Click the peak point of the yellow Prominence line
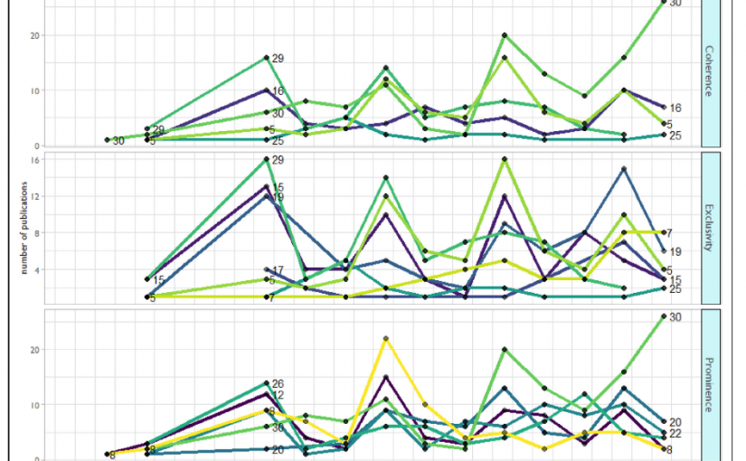click(x=386, y=338)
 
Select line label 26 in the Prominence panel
click(x=279, y=384)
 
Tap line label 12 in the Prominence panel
click(x=279, y=395)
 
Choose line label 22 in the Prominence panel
click(x=675, y=434)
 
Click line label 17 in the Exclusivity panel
click(x=279, y=270)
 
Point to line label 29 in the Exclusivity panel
click(x=279, y=160)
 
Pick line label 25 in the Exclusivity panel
click(x=675, y=289)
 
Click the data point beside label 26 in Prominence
click(x=267, y=383)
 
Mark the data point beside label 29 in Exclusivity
click(x=267, y=159)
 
